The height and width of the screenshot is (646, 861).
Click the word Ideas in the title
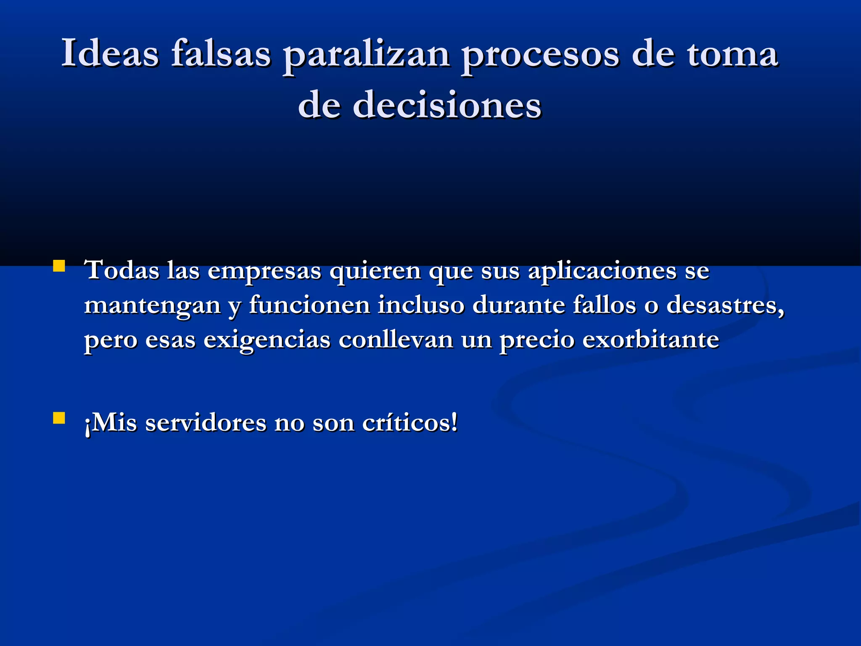click(x=110, y=53)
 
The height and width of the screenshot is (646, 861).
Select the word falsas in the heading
click(x=221, y=53)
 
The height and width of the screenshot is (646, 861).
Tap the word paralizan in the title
click(x=366, y=56)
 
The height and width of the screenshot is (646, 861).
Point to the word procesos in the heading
click(x=540, y=56)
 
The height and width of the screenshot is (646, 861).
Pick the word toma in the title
click(x=732, y=53)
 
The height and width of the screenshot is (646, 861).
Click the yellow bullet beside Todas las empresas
click(x=59, y=266)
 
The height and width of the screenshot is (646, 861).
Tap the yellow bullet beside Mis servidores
click(x=59, y=418)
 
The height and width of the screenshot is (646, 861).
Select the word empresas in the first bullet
click(x=264, y=271)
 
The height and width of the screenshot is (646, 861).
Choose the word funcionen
click(x=309, y=305)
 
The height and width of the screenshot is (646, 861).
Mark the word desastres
click(x=725, y=305)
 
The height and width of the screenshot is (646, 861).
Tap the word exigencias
click(x=267, y=340)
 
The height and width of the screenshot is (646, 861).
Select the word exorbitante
click(x=650, y=339)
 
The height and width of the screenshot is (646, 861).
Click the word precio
click(x=537, y=340)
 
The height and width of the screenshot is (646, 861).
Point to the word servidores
click(x=206, y=423)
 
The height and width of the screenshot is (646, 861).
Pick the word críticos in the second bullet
click(x=409, y=423)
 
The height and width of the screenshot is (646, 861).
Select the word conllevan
click(x=396, y=339)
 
